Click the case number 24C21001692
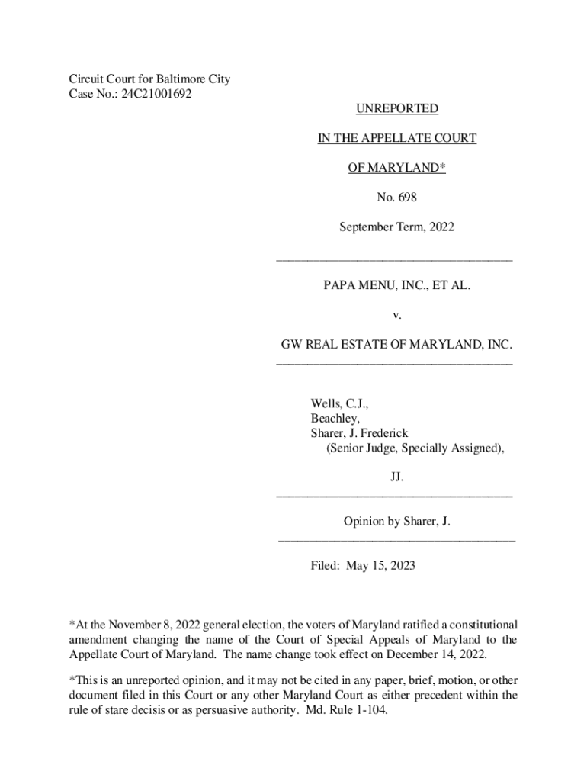pos(156,94)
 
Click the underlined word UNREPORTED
pos(396,109)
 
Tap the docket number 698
pos(406,197)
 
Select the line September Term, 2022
pos(396,227)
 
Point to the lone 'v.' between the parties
pos(396,315)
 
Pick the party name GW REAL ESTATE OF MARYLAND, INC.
pos(396,345)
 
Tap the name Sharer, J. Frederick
pos(359,433)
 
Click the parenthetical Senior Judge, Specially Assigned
pos(415,448)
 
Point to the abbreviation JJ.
pos(396,477)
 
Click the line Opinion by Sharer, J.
pos(396,522)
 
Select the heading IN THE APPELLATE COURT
pos(396,138)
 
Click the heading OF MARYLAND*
pos(396,168)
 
